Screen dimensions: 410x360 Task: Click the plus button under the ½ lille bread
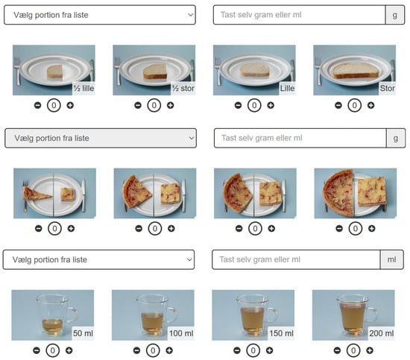pyautogui.click(x=70, y=105)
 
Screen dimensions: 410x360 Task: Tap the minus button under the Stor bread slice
pyautogui.click(x=338, y=105)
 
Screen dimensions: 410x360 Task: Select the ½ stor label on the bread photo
pyautogui.click(x=183, y=89)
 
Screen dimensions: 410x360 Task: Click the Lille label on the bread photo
pyautogui.click(x=287, y=89)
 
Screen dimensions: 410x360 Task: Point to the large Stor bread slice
pyautogui.click(x=356, y=71)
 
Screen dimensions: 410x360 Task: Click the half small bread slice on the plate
pyautogui.click(x=54, y=72)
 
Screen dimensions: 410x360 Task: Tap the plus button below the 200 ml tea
pyautogui.click(x=370, y=350)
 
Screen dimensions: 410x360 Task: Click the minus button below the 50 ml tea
pyautogui.click(x=37, y=350)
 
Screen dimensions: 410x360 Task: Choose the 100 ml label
pyautogui.click(x=181, y=333)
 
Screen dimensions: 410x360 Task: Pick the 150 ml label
pyautogui.click(x=281, y=333)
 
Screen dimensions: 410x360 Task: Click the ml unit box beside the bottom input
pyautogui.click(x=391, y=259)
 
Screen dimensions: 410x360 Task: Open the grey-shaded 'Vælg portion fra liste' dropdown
pyautogui.click(x=101, y=138)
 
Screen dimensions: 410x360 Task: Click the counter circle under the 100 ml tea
pyautogui.click(x=153, y=350)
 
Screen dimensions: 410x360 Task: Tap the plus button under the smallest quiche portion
pyautogui.click(x=71, y=229)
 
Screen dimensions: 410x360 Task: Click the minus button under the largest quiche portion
pyautogui.click(x=339, y=229)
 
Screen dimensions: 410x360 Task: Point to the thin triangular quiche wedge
pyautogui.click(x=36, y=194)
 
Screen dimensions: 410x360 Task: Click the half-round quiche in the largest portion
pyautogui.click(x=338, y=194)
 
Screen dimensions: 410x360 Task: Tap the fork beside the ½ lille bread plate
pyautogui.click(x=17, y=71)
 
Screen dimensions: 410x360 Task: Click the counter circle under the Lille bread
pyautogui.click(x=254, y=105)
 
